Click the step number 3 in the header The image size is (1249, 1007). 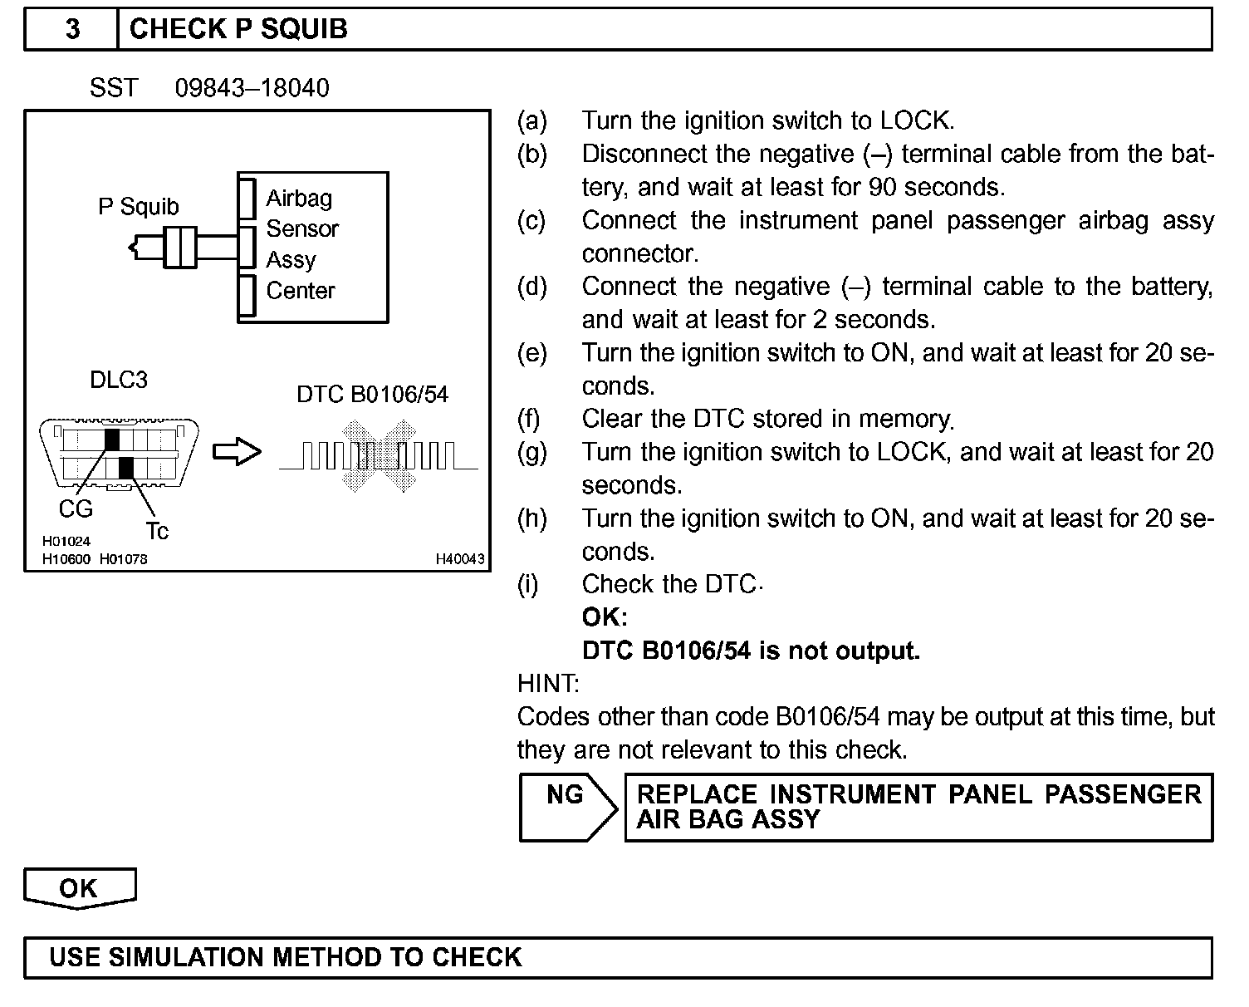(x=73, y=29)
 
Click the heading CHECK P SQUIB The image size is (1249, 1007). (x=238, y=29)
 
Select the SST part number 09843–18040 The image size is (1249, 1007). (x=252, y=88)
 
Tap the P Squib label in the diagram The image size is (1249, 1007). (x=139, y=206)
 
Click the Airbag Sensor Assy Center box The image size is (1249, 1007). (x=312, y=247)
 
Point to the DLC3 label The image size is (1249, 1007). (x=119, y=380)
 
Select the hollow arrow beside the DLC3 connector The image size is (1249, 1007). (x=237, y=452)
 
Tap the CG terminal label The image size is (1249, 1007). (x=76, y=508)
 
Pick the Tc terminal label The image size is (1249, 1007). (x=157, y=530)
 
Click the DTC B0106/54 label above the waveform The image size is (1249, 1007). (x=372, y=394)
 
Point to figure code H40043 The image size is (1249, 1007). (x=459, y=559)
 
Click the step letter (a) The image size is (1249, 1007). (x=531, y=121)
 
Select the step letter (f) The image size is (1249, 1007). (x=529, y=419)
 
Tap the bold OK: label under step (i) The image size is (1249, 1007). (x=605, y=617)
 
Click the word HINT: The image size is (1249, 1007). (x=548, y=684)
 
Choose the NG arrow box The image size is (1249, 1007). (x=567, y=807)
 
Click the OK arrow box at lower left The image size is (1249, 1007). (x=79, y=888)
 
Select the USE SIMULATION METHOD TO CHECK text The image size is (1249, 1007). (x=286, y=957)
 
